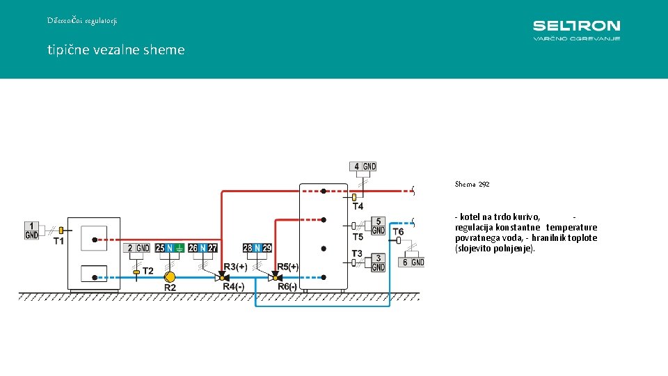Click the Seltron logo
point(576,30)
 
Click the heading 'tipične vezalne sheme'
point(116,50)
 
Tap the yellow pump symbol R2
point(170,278)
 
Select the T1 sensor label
point(58,242)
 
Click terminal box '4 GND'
point(363,166)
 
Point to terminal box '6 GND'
point(411,263)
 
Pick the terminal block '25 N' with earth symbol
point(170,248)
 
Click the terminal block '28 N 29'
point(257,248)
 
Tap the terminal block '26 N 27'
point(202,248)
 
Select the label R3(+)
point(236,267)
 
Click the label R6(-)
point(287,286)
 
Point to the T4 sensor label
point(358,206)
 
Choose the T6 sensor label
point(398,231)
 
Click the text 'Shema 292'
point(472,184)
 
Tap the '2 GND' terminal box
point(136,248)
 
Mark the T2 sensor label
point(148,271)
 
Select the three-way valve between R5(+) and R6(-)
point(276,277)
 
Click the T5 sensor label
point(358,237)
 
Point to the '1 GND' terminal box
point(31,230)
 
